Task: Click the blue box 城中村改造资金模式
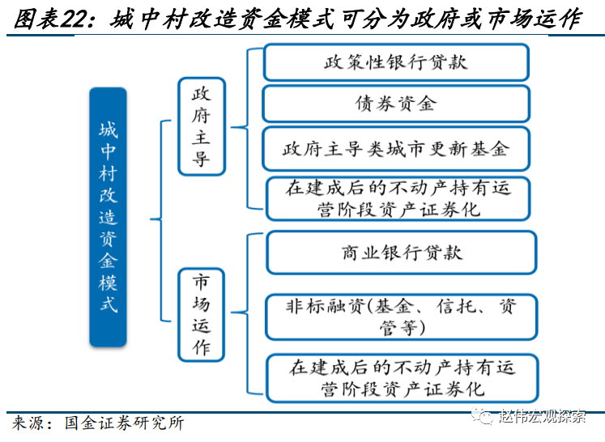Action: pyautogui.click(x=108, y=217)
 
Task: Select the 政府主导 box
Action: pyautogui.click(x=202, y=126)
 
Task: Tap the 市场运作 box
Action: pyautogui.click(x=201, y=315)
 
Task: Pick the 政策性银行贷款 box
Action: pyautogui.click(x=396, y=62)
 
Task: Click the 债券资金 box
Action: pyautogui.click(x=396, y=104)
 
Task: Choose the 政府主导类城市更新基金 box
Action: pyautogui.click(x=396, y=149)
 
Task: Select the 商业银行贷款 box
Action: pyautogui.click(x=401, y=253)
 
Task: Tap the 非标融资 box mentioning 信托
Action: pyautogui.click(x=401, y=317)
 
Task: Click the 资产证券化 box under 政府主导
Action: pyautogui.click(x=398, y=198)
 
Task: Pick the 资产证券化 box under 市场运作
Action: pyautogui.click(x=402, y=378)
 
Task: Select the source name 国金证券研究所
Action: pyautogui.click(x=124, y=423)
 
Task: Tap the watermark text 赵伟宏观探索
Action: pyautogui.click(x=542, y=416)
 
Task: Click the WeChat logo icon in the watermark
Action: pyautogui.click(x=483, y=416)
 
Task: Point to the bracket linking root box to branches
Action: pyautogui.click(x=161, y=220)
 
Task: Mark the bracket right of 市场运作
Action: pyautogui.click(x=247, y=313)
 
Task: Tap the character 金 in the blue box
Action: pyautogui.click(x=108, y=261)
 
